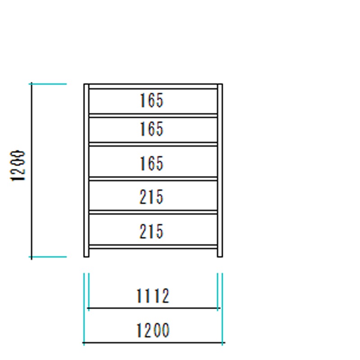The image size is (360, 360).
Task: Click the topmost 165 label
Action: point(152,100)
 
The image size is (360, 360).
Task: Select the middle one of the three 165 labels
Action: point(152,129)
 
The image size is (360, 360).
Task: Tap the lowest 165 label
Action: point(152,163)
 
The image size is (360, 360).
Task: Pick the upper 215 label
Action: point(152,197)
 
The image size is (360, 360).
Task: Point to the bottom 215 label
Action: point(152,231)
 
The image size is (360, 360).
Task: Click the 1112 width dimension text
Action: point(153,296)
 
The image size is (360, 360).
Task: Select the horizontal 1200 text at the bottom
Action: point(153,330)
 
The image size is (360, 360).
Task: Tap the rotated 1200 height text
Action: point(18,166)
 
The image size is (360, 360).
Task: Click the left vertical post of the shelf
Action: point(86,171)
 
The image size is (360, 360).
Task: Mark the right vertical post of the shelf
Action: point(220,171)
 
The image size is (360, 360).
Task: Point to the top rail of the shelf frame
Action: point(153,86)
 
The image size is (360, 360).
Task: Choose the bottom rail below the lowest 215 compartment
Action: point(153,247)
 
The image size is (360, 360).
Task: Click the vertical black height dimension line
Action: point(31,171)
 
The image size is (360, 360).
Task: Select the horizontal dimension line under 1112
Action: point(154,308)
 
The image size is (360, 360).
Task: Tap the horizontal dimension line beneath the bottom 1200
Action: point(154,342)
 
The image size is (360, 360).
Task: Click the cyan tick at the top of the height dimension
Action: point(48,84)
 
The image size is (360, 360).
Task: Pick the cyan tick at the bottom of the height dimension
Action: point(48,257)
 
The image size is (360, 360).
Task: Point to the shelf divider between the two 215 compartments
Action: point(153,212)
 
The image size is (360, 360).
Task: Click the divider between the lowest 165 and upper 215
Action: point(153,179)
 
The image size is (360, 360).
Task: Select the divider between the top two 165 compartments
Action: point(153,116)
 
